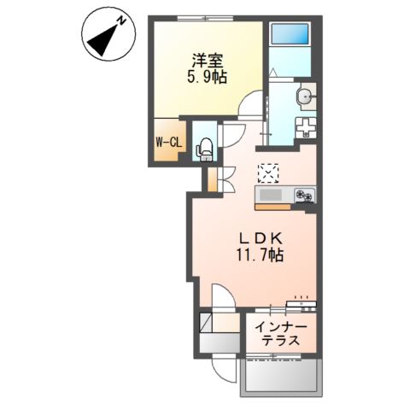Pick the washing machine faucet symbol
point(305,127)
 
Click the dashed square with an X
point(269,172)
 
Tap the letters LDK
point(254,238)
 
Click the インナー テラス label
point(281,333)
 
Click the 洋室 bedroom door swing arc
point(249,107)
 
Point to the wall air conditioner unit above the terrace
point(302,303)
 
